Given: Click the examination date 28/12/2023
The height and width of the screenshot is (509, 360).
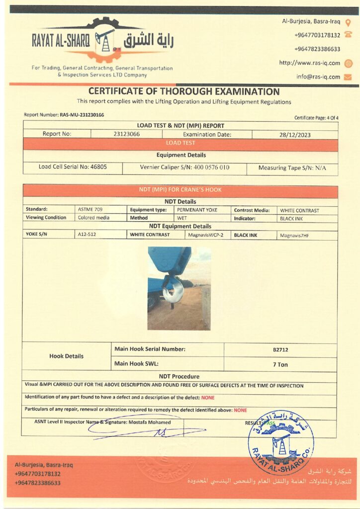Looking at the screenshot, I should click(295, 134).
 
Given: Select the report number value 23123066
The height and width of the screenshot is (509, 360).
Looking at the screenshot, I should click(126, 134).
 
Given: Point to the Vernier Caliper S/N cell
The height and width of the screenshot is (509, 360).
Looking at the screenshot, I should click(184, 168).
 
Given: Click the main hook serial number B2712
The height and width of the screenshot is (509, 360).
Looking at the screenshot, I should click(280, 349).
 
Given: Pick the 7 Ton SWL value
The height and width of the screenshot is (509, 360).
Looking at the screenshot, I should click(280, 364).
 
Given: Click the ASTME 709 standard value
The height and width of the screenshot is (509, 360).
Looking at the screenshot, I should click(90, 210).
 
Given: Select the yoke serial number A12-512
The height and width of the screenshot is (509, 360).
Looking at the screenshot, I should click(88, 235).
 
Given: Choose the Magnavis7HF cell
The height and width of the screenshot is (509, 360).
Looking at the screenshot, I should click(294, 235).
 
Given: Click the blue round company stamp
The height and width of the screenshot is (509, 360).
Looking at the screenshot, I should click(280, 442).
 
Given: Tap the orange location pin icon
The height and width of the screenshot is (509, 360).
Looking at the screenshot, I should click(348, 23).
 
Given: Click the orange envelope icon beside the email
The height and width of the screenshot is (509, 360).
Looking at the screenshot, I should click(348, 77).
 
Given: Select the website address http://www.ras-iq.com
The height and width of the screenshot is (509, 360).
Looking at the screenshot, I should click(309, 63).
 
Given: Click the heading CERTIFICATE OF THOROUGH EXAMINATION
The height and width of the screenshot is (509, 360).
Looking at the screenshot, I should click(184, 91).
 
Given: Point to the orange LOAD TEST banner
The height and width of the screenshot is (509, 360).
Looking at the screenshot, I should click(180, 143).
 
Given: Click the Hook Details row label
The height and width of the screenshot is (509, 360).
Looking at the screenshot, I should click(67, 356).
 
